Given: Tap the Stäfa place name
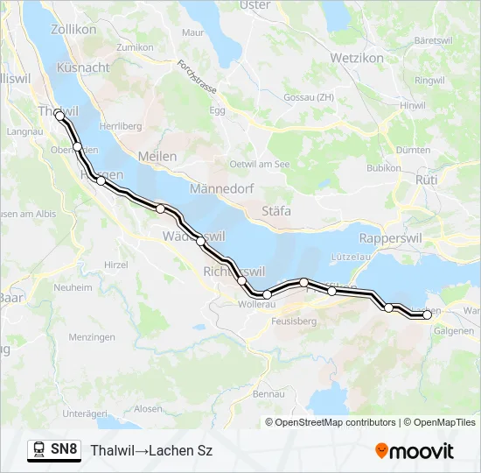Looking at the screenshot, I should coord(276,211).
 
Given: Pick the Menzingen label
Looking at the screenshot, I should coord(92,337).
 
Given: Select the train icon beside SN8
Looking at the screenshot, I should coord(38,450).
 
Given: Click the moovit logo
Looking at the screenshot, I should coord(415,451).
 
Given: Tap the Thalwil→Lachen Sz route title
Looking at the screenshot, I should coord(151,450).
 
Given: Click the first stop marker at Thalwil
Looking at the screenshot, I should coord(59,115).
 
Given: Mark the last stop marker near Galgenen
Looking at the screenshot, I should coord(427,314).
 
